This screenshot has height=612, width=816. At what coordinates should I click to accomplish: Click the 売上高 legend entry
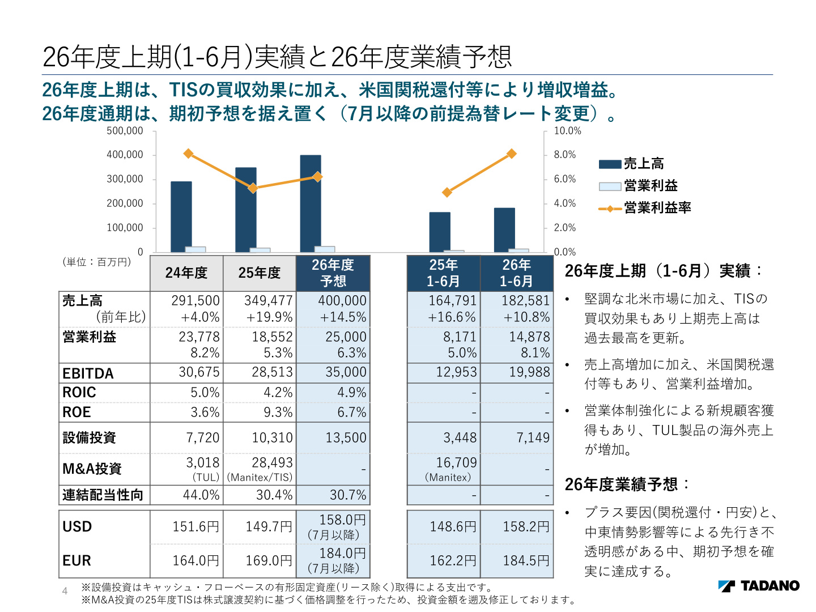point(631,164)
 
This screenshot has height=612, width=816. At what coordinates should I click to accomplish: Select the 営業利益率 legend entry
point(644,208)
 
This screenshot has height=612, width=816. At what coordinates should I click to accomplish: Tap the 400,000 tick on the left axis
point(125,155)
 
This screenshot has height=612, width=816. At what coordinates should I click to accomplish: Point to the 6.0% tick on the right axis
point(564,179)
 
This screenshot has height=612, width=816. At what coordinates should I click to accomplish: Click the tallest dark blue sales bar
point(311,203)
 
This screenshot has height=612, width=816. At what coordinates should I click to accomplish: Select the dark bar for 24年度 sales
point(181,217)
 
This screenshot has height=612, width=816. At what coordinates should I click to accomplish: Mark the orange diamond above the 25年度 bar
point(253,188)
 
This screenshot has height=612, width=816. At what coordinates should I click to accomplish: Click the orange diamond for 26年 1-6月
point(512,154)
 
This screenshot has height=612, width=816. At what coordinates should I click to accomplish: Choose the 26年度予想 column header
point(333,273)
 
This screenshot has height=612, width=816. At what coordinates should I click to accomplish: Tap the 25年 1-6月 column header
point(443,273)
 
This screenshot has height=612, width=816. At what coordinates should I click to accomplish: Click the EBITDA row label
point(88,373)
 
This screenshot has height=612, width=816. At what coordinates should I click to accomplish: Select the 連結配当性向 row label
point(103,495)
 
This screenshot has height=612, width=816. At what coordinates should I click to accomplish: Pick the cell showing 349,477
point(269,300)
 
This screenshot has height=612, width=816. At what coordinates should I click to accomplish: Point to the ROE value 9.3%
point(278,412)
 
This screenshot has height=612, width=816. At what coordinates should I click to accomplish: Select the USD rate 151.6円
point(195,526)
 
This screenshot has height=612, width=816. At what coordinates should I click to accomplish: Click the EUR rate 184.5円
point(526,560)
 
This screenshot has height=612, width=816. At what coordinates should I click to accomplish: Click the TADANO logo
point(759,586)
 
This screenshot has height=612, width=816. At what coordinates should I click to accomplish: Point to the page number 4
point(65,591)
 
